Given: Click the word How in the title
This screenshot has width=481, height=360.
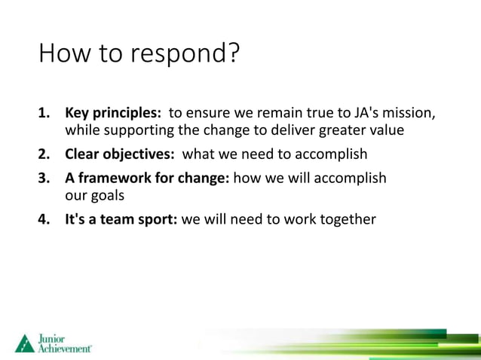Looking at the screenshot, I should (63, 53).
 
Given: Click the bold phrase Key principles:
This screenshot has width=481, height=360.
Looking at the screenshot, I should (113, 114).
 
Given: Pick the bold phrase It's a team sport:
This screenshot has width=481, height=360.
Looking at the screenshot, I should (121, 220).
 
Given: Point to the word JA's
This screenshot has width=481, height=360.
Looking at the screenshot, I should (366, 114).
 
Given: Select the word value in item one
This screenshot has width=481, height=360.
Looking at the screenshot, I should (387, 131).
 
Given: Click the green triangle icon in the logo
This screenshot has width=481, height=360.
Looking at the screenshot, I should (24, 343).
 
